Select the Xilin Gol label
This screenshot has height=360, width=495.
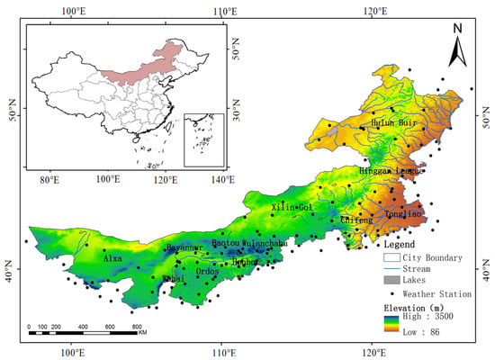(291, 208)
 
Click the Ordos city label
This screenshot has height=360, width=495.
(207, 271)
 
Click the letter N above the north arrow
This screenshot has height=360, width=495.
(457, 28)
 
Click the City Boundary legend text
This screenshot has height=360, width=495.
(432, 257)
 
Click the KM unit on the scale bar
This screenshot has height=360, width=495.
(142, 333)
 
